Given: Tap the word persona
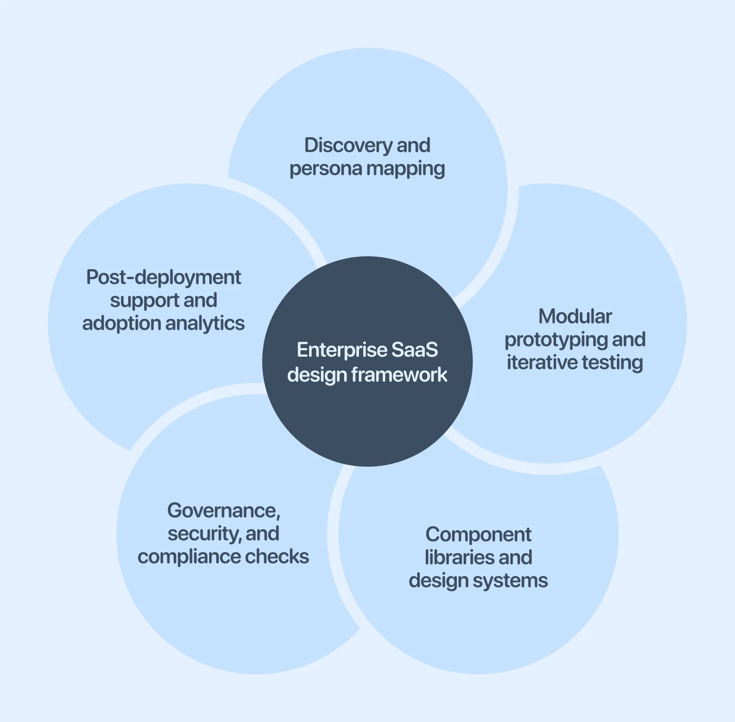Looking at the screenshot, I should (319, 169).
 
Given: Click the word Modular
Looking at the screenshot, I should (575, 317).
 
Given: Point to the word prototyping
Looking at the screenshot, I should (556, 340).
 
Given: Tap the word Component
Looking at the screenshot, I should (479, 535).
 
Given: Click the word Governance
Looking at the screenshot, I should (223, 511).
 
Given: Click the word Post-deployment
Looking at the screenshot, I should (164, 277).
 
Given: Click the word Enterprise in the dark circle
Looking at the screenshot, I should (341, 350).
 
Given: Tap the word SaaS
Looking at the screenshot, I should (414, 350).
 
